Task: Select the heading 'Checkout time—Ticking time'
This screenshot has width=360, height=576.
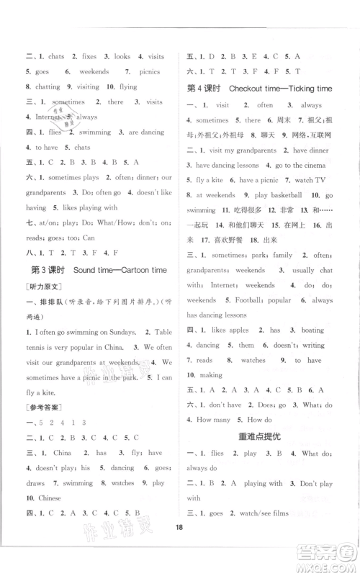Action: pos(280,88)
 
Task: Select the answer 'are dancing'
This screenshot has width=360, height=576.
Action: pos(146,132)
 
